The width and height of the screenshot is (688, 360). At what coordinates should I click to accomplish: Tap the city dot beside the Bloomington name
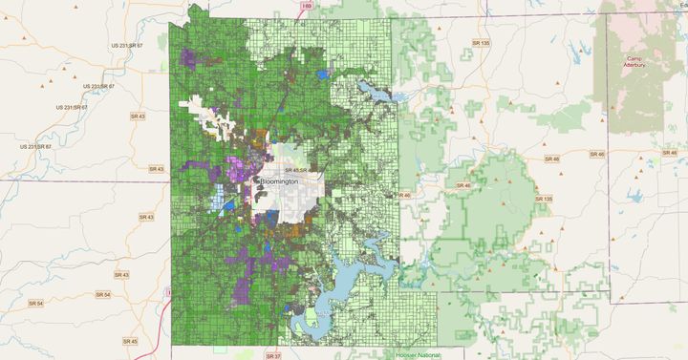pyautogui.click(x=255, y=180)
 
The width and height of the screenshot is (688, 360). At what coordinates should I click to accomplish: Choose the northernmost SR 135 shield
pyautogui.click(x=481, y=43)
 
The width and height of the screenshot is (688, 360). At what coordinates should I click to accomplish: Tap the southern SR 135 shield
pyautogui.click(x=543, y=199)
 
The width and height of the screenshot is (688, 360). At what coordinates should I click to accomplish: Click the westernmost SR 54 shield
pyautogui.click(x=34, y=303)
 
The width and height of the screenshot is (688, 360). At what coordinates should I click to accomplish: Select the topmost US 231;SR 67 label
pyautogui.click(x=126, y=45)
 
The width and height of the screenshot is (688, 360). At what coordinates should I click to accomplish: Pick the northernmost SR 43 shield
pyautogui.click(x=138, y=116)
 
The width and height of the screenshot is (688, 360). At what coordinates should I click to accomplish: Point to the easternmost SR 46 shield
pyautogui.click(x=668, y=153)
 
